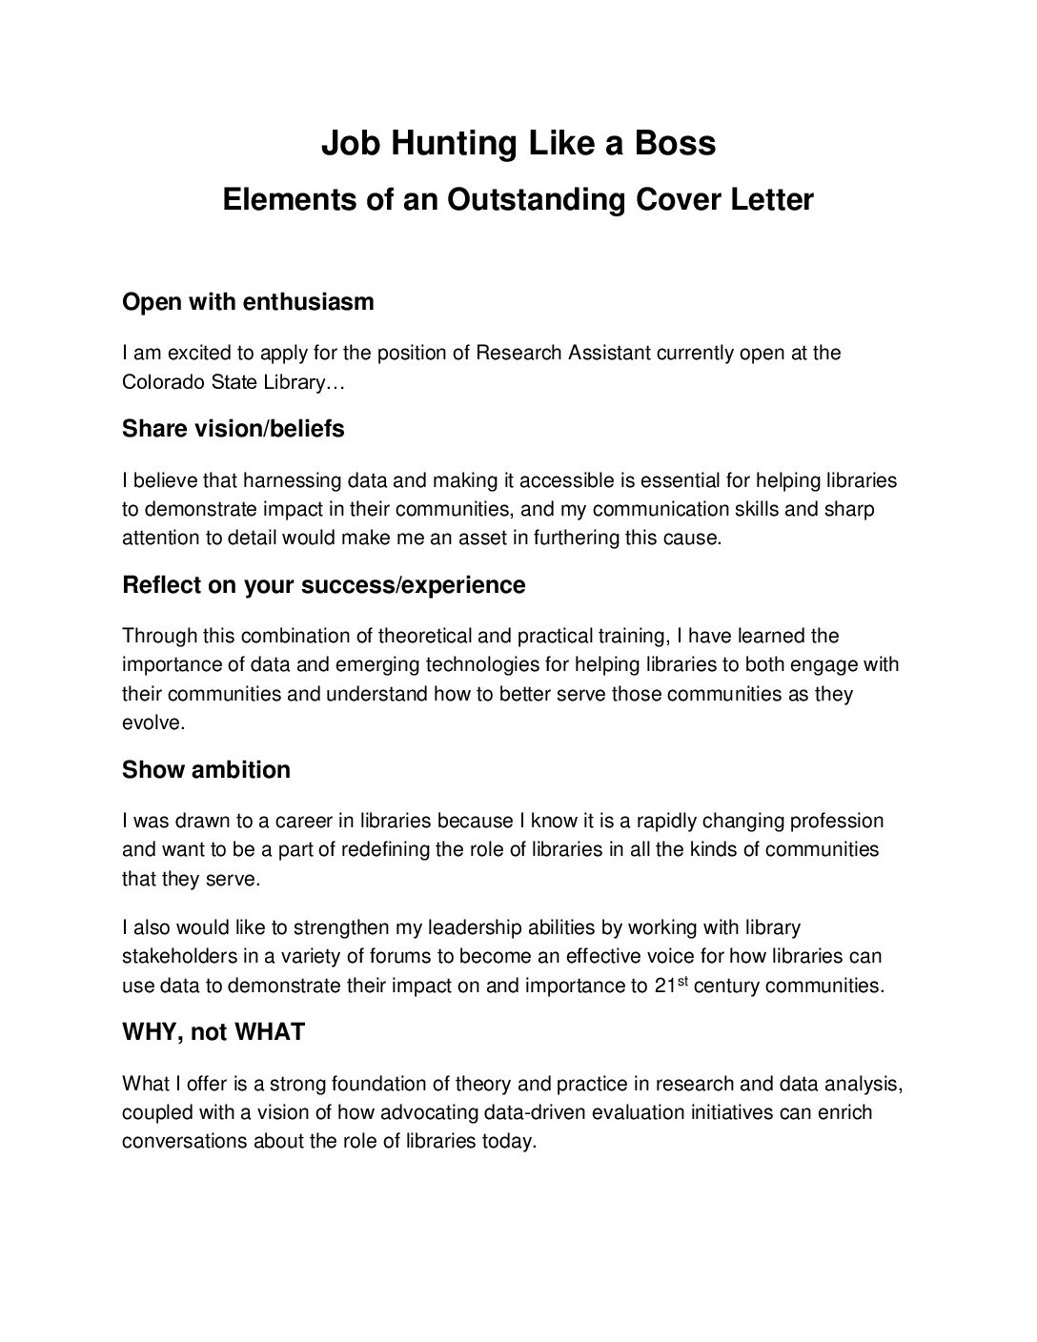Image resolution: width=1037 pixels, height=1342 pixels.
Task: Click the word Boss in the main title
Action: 676,143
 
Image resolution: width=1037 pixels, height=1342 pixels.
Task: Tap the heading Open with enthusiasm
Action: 248,302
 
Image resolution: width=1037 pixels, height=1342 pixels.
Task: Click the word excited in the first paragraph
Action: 200,354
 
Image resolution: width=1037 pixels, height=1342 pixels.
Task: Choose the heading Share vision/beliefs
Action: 234,429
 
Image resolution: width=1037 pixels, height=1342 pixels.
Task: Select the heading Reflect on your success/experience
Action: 324,585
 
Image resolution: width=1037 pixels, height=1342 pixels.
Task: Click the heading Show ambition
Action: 206,770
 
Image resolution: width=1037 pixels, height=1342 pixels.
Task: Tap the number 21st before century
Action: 672,985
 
